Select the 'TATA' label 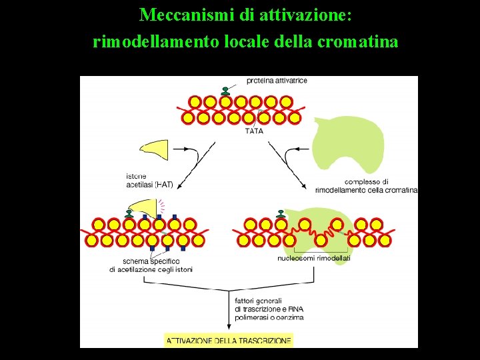[255, 131]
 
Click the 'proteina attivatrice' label [277, 81]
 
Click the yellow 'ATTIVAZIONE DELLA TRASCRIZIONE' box [229, 340]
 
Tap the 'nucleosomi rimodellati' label [313, 258]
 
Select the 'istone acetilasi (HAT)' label [148, 181]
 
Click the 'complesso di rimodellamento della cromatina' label [365, 186]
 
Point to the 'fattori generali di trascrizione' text [268, 309]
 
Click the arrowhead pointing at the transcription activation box [229, 326]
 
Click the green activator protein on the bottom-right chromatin [280, 213]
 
